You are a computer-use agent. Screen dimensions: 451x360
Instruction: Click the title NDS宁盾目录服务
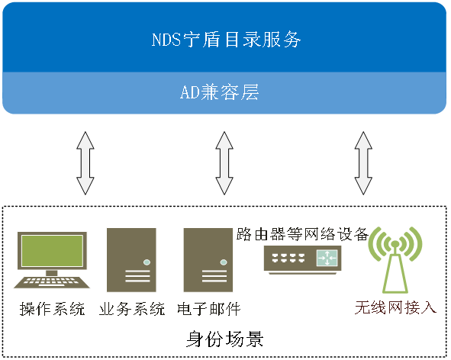tap(227, 40)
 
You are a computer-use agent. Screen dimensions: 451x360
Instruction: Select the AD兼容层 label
tap(220, 92)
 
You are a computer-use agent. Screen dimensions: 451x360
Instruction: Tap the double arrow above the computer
tap(85, 163)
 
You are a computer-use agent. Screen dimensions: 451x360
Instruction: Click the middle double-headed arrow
tap(224, 163)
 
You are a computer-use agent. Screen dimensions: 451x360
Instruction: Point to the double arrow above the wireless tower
tap(363, 163)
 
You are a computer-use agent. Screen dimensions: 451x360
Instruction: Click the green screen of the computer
tap(53, 250)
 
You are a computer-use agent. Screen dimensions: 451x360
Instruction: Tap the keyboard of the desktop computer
tap(52, 282)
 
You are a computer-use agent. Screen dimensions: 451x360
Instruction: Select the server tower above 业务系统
tap(131, 260)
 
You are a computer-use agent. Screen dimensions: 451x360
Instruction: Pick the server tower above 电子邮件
tap(208, 260)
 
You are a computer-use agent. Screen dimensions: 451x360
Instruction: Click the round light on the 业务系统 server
tap(147, 262)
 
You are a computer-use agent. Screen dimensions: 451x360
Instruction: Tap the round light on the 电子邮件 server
tap(224, 262)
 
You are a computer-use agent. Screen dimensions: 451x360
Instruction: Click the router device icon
tap(303, 259)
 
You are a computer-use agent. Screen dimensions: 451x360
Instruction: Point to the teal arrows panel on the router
tap(327, 258)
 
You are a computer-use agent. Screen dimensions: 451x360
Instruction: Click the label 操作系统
tap(53, 309)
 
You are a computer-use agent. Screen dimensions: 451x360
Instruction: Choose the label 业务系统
tap(132, 309)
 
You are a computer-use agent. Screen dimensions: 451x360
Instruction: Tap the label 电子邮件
tap(209, 309)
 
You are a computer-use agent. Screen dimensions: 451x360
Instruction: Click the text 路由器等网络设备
tap(302, 234)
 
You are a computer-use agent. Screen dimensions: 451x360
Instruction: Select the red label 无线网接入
tap(395, 307)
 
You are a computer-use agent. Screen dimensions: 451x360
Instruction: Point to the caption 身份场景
tap(224, 339)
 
